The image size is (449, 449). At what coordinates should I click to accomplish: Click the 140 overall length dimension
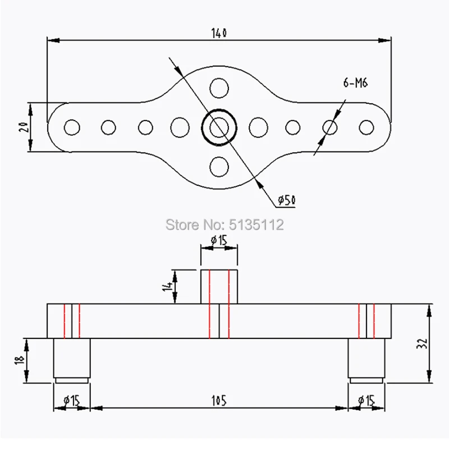pyautogui.click(x=219, y=34)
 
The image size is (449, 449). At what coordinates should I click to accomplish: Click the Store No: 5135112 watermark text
pyautogui.click(x=224, y=224)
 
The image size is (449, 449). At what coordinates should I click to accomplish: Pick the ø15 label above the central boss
pyautogui.click(x=218, y=241)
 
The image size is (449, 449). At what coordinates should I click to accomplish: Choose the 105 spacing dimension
pyautogui.click(x=219, y=400)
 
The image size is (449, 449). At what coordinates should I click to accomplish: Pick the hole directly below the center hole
pyautogui.click(x=218, y=166)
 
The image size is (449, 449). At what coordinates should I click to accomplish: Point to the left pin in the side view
pyautogui.click(x=71, y=359)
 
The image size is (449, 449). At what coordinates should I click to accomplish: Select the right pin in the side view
pyautogui.click(x=366, y=359)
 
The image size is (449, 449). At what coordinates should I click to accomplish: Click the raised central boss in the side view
pyautogui.click(x=219, y=286)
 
